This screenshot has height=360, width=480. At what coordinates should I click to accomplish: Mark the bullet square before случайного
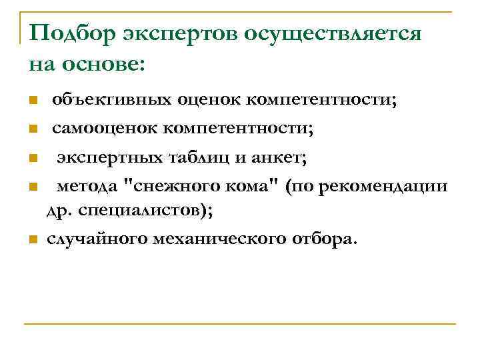pos(32,240)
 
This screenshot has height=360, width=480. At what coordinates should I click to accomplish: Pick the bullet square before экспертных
pos(32,159)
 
